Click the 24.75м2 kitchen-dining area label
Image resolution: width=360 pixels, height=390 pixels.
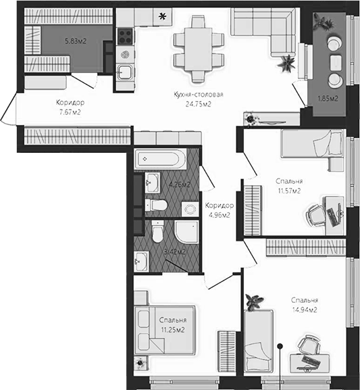(x=199, y=104)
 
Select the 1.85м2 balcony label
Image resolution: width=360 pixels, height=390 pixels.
(x=328, y=99)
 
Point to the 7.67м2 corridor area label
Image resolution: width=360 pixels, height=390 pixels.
(x=70, y=113)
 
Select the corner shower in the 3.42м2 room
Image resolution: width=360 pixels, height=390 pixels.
(x=184, y=234)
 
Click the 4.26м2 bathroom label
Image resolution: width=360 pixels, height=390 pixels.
(x=179, y=184)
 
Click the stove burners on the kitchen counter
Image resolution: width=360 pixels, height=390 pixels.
(x=124, y=34)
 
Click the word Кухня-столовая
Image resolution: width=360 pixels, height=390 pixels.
(x=199, y=95)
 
